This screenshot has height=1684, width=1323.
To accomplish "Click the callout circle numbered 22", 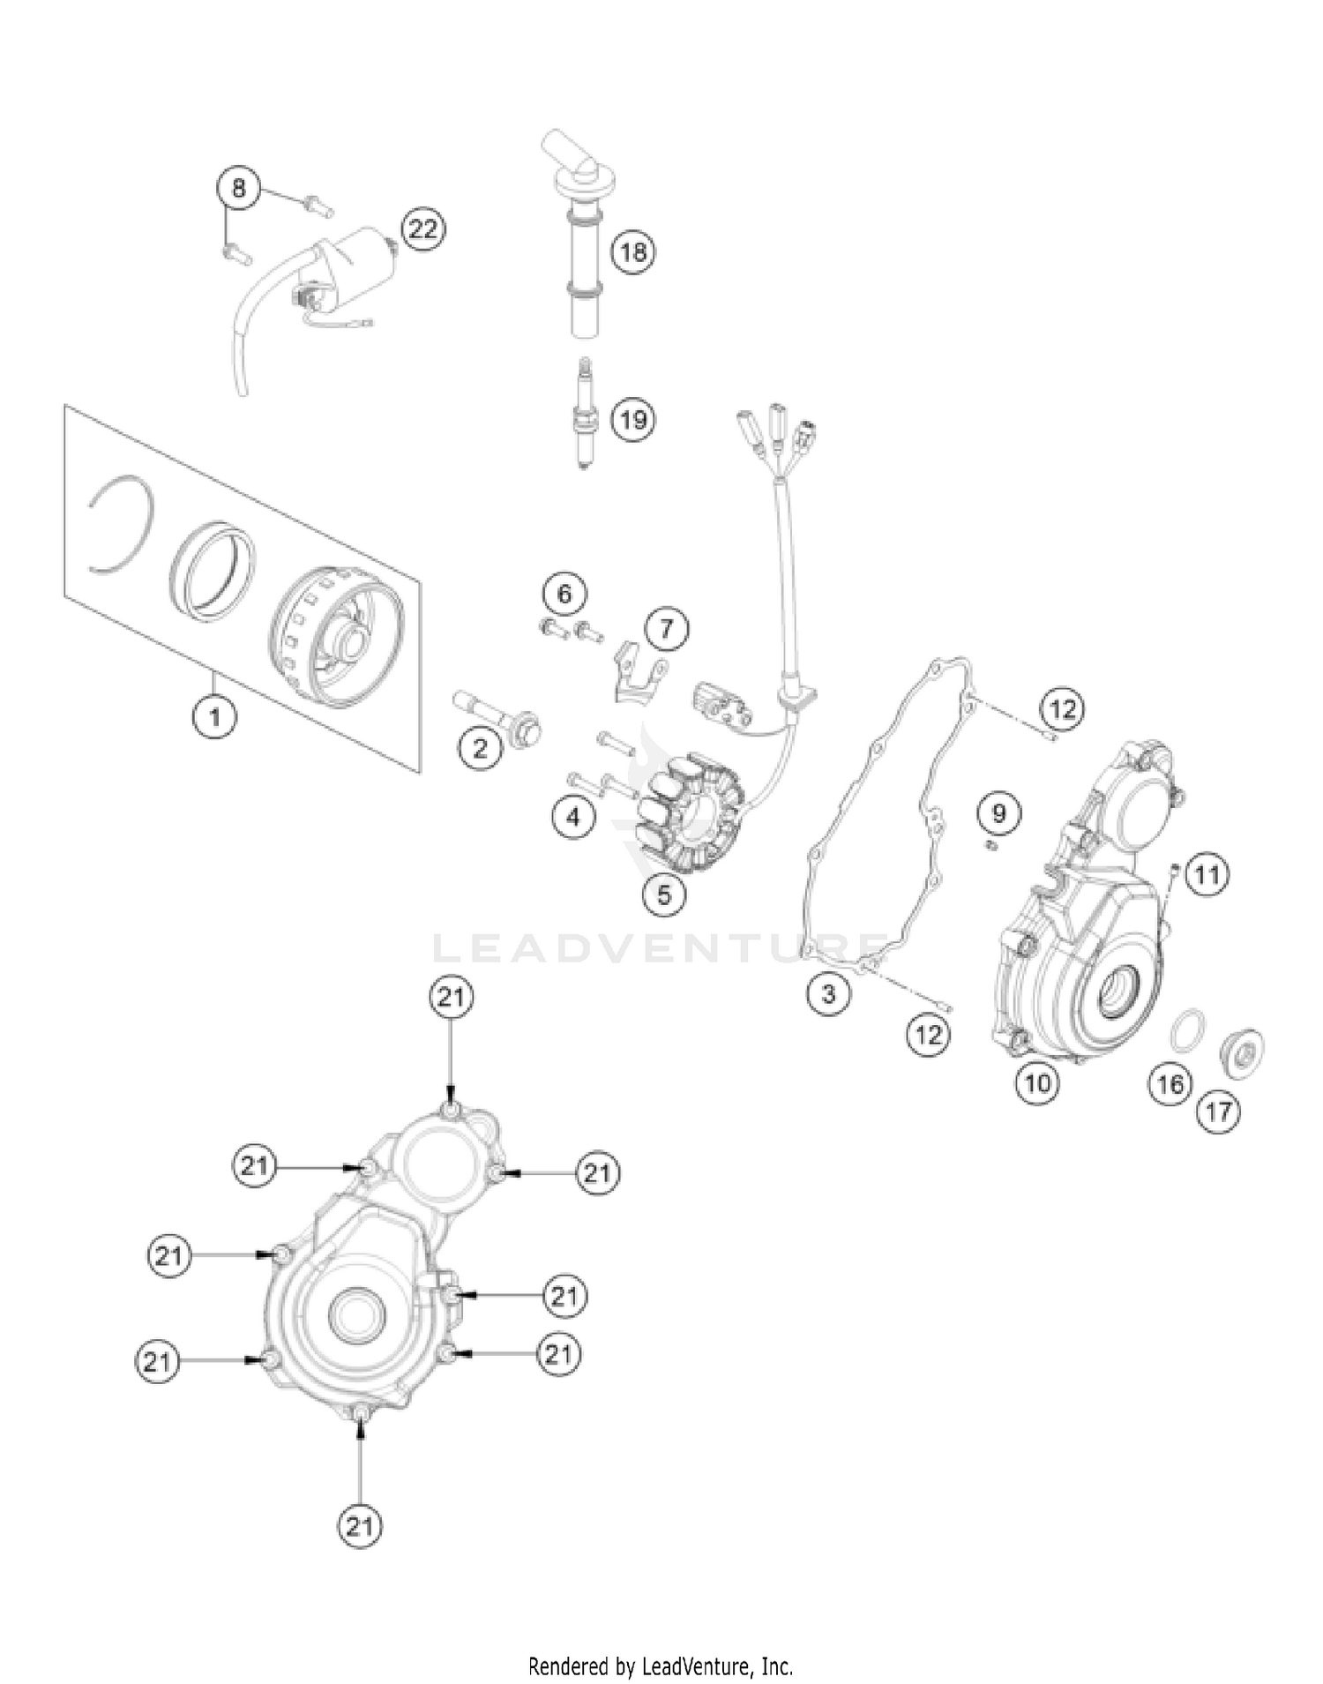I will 422,229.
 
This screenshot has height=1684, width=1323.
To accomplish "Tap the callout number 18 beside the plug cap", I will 632,253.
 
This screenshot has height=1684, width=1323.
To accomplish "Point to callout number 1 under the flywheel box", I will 214,716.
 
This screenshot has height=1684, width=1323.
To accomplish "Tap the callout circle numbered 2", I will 480,749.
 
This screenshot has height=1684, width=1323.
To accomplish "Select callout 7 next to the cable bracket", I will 666,629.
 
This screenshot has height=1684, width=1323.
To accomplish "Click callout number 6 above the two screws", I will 564,594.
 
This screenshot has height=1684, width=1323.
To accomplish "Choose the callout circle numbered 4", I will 573,818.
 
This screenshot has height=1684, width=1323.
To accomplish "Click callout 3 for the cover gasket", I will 827,994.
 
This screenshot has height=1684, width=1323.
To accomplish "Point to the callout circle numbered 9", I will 998,812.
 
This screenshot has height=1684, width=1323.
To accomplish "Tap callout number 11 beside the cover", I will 1207,875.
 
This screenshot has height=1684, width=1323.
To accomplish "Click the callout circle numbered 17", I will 1218,1111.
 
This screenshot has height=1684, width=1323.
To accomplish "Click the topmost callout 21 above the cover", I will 451,998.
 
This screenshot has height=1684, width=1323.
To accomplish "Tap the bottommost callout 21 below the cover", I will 359,1525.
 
